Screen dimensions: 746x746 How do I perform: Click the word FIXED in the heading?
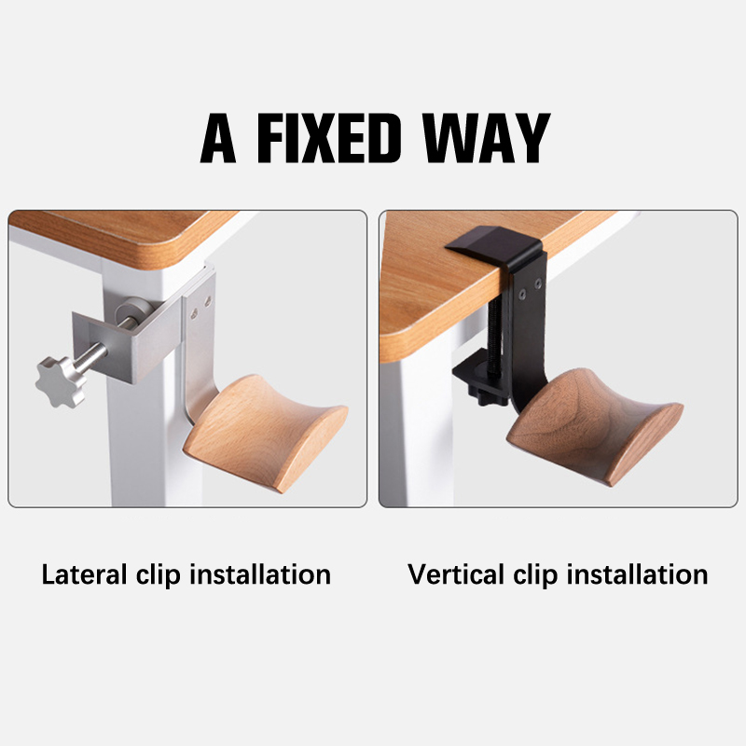pyautogui.click(x=329, y=138)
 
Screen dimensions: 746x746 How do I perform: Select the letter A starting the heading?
pyautogui.click(x=218, y=138)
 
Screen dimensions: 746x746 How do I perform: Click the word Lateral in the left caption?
pyautogui.click(x=84, y=574)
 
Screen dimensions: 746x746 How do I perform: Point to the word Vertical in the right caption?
pyautogui.click(x=456, y=574)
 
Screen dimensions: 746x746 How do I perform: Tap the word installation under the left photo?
pyautogui.click(x=260, y=574)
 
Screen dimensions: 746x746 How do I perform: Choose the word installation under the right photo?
pyautogui.click(x=637, y=574)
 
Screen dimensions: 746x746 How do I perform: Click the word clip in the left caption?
pyautogui.click(x=158, y=575)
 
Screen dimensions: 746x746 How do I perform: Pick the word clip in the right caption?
pyautogui.click(x=535, y=575)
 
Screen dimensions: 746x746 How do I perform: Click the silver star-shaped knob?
pyautogui.click(x=61, y=381)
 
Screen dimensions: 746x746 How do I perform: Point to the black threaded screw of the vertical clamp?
pyautogui.click(x=494, y=337)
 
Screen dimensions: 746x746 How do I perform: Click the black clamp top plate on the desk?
pyautogui.click(x=492, y=243)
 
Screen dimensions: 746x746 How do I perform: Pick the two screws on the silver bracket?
pyautogui.click(x=200, y=307)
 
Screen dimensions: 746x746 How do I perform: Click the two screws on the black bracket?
pyautogui.click(x=531, y=289)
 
